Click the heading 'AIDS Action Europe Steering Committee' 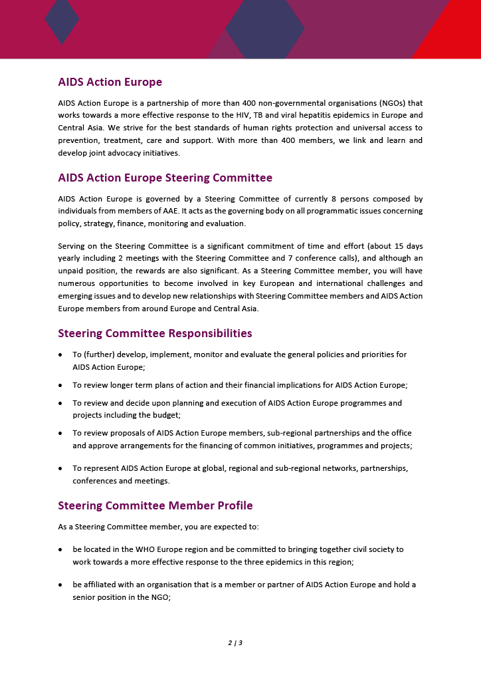(165, 178)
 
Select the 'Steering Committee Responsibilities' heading (155, 333)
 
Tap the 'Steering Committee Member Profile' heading (155, 505)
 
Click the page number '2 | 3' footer (235, 642)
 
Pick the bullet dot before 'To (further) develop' (61, 354)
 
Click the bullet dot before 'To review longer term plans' (61, 385)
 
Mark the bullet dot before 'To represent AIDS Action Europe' (61, 468)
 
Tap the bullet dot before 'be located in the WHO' (61, 550)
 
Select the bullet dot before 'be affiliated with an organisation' (61, 585)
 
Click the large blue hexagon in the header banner (265, 29)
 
